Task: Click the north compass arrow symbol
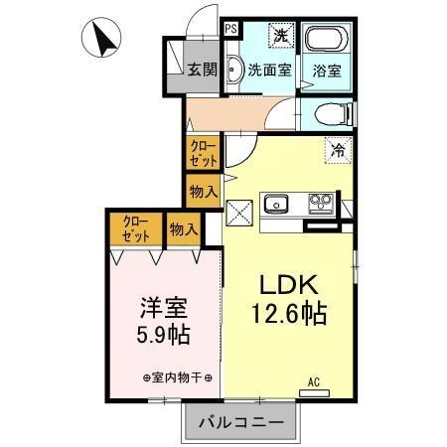click(102, 41)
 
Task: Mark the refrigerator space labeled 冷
click(338, 152)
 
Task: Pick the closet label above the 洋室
click(137, 229)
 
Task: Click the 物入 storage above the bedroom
click(184, 229)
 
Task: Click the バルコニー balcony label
click(239, 422)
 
